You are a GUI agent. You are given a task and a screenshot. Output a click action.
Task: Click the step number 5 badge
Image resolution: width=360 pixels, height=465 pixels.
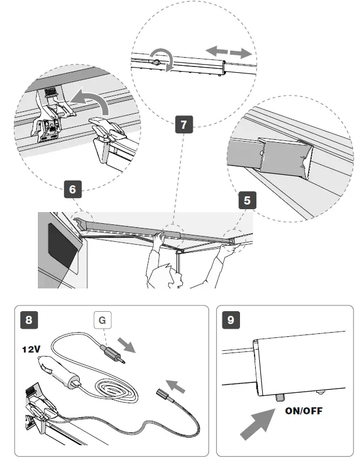click(247, 201)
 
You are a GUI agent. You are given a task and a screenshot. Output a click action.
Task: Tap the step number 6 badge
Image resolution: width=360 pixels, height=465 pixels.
click(72, 189)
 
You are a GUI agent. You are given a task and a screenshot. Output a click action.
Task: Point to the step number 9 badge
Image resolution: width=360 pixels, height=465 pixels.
click(232, 320)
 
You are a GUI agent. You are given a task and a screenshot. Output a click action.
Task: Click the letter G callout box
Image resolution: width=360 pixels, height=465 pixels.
click(103, 320)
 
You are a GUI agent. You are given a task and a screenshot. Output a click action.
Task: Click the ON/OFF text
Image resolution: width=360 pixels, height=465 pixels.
click(303, 410)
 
